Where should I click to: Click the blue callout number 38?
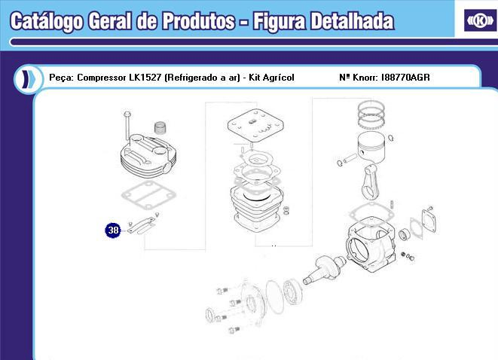point(113,230)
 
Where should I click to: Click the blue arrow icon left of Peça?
point(27,78)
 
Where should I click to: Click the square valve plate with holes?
point(252,128)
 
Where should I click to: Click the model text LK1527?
point(145,78)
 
